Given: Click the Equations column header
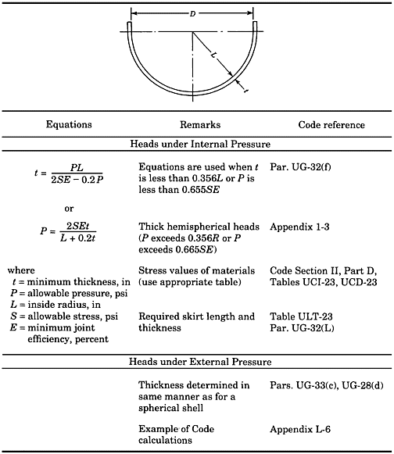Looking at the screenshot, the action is point(69,124).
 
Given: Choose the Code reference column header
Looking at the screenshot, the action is point(328,124).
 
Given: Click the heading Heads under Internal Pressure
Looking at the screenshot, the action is point(196,144).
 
